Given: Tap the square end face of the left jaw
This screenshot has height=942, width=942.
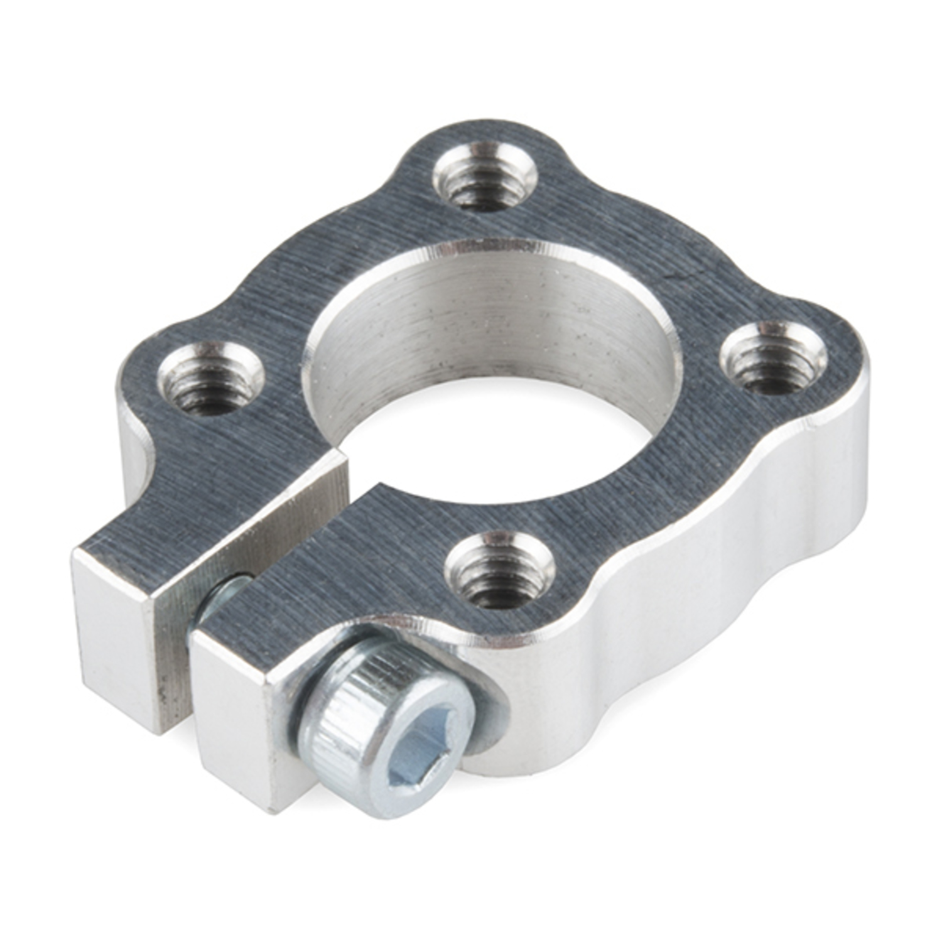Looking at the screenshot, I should (113, 634).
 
